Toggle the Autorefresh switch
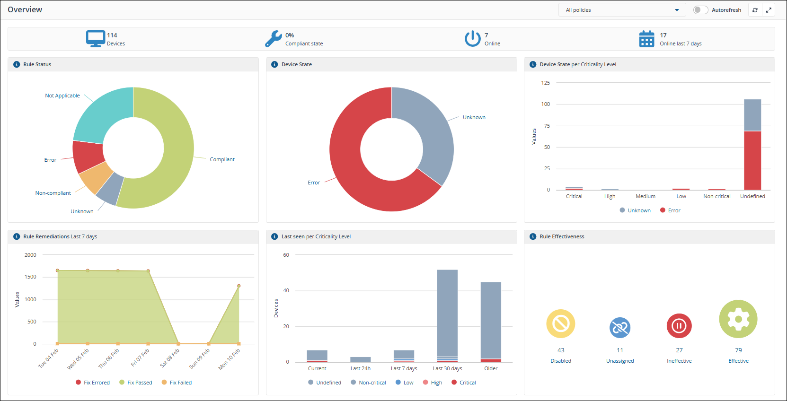(x=700, y=10)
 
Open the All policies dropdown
(x=622, y=10)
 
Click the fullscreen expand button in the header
(x=769, y=10)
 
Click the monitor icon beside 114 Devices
(x=96, y=38)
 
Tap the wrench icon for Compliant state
(x=274, y=39)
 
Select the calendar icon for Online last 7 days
(x=646, y=39)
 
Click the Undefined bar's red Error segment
(x=752, y=161)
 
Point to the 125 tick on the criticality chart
(x=546, y=83)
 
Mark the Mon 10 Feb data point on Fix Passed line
(x=239, y=286)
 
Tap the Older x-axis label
(x=491, y=368)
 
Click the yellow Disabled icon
(x=561, y=324)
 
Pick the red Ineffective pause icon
(x=679, y=326)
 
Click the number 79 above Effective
(x=738, y=350)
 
